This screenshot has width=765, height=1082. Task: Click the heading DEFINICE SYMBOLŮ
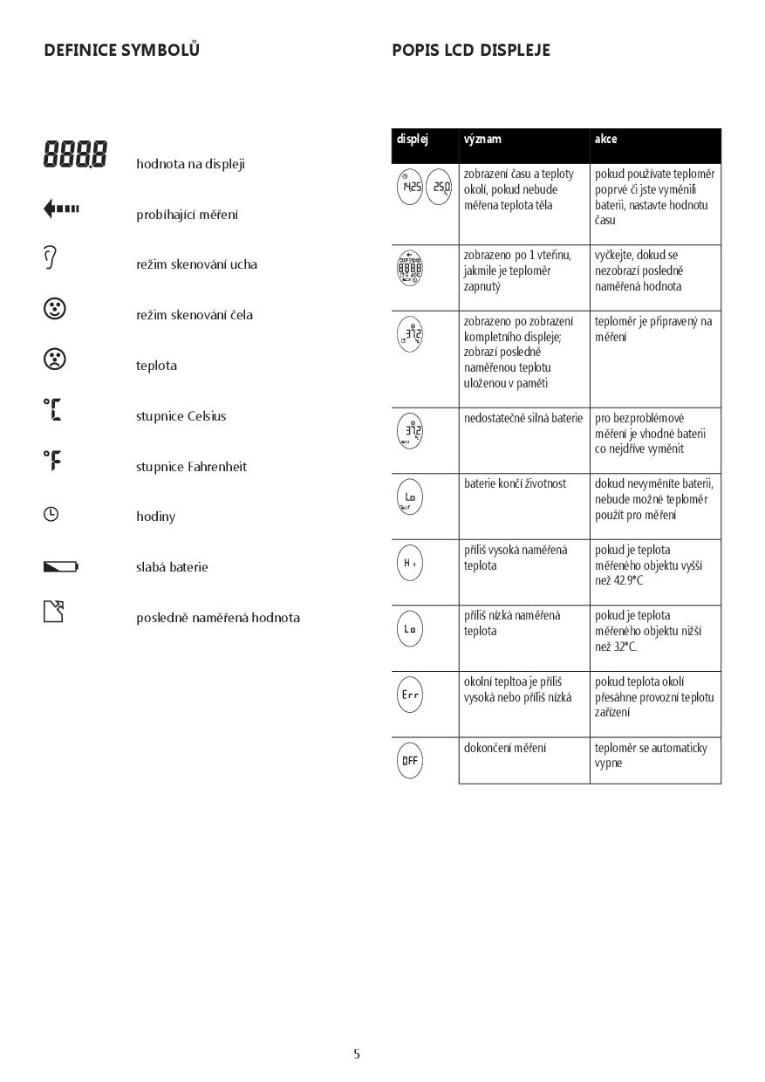point(121,50)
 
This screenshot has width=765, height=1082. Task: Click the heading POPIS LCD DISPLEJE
point(471,50)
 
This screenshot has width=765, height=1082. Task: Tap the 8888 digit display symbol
point(75,155)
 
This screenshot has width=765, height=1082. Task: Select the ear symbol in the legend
point(51,257)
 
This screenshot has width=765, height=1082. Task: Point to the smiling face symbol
point(54,308)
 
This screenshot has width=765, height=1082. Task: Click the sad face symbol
point(54,359)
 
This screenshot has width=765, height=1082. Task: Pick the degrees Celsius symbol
point(52,409)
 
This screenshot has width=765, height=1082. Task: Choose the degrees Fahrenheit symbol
point(52,460)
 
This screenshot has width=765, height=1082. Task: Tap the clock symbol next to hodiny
point(51,515)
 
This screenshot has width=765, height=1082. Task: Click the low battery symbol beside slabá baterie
point(60,567)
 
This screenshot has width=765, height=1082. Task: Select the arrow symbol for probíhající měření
point(61,209)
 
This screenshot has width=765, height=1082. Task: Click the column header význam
point(482,139)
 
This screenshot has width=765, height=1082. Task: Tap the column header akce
point(605,139)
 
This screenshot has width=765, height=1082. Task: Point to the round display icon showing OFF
point(410,760)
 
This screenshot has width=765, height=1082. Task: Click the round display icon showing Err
point(410,695)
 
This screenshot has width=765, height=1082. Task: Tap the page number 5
point(356,1054)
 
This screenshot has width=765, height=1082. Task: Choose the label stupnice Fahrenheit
point(191,467)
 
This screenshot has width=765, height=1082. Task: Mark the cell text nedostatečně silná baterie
point(523,418)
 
